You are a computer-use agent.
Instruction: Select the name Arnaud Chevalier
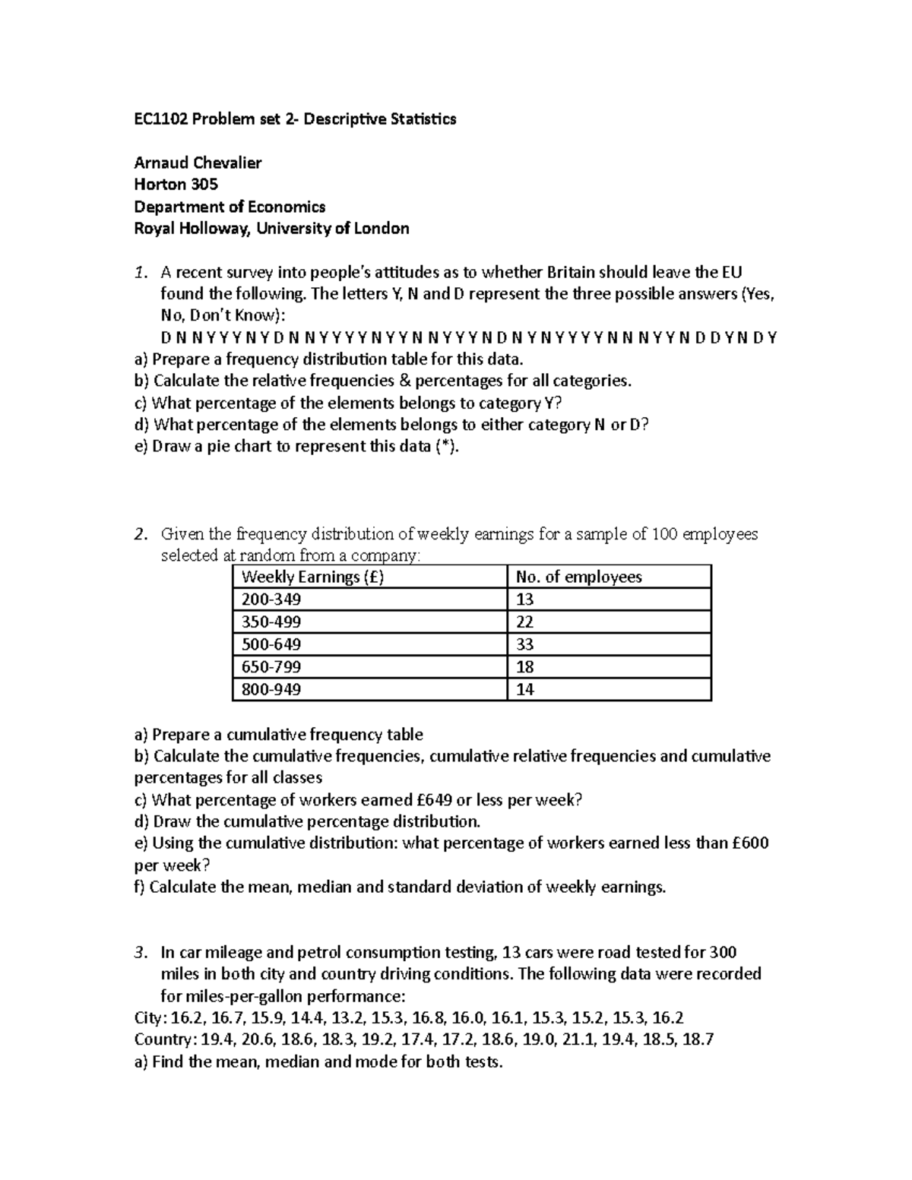coord(198,163)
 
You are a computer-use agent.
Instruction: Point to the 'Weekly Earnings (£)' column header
coord(312,577)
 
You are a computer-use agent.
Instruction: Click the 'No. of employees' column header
coord(578,577)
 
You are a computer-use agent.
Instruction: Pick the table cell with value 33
coord(524,645)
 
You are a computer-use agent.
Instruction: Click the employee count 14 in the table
coord(524,690)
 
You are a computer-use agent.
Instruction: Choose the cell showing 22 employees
coord(524,622)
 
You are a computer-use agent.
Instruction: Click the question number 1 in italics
coord(138,273)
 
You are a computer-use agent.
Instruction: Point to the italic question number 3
coord(138,953)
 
